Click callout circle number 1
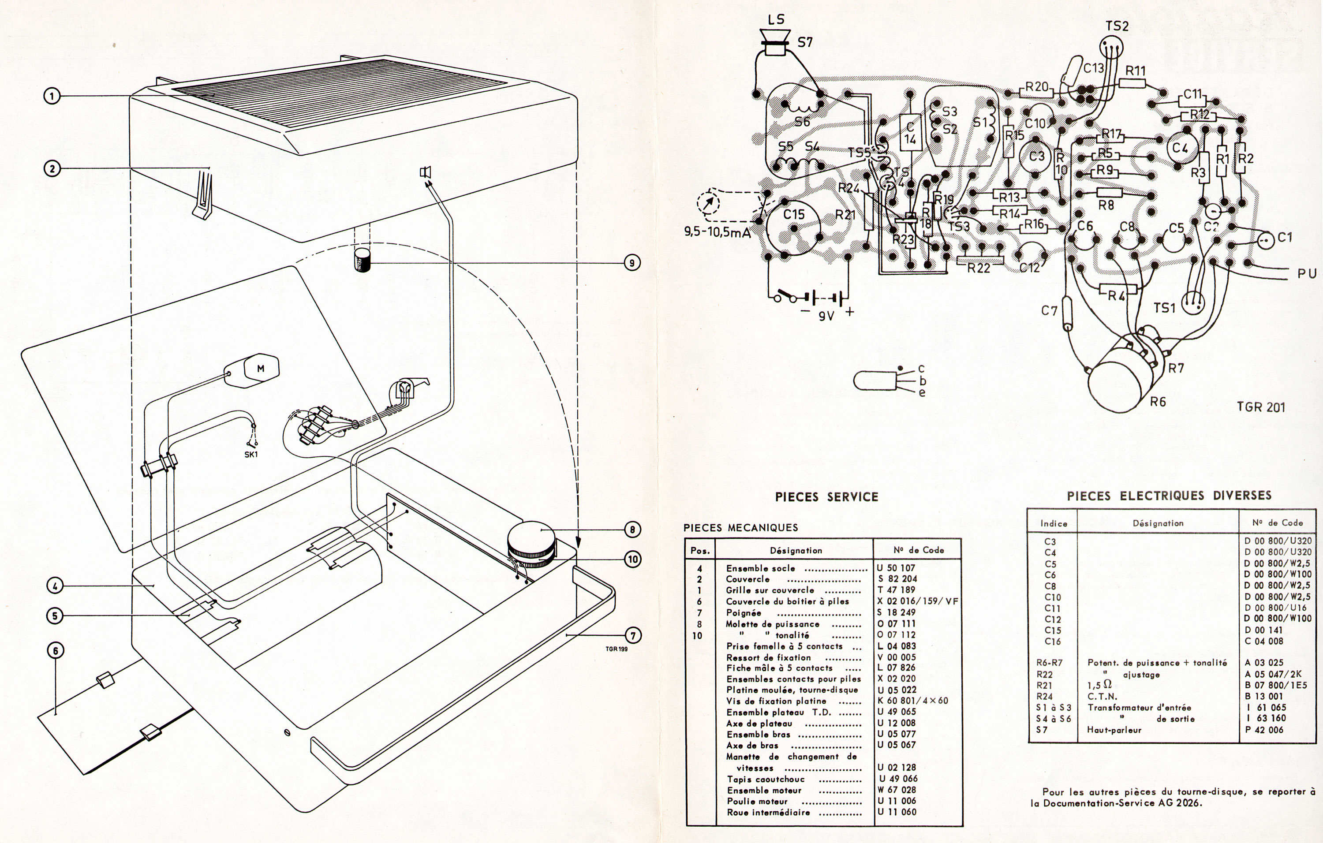(52, 97)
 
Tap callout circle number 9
(632, 263)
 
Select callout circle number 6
(56, 651)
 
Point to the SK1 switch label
(250, 454)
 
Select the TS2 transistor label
(1117, 26)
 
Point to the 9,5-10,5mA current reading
(717, 232)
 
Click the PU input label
(1307, 273)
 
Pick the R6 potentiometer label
(1158, 402)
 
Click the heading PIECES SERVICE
(826, 497)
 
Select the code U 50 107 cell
(897, 568)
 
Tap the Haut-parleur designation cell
(1114, 730)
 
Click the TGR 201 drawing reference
(1261, 407)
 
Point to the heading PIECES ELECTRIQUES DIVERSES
(1169, 496)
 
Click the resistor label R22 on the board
(979, 268)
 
